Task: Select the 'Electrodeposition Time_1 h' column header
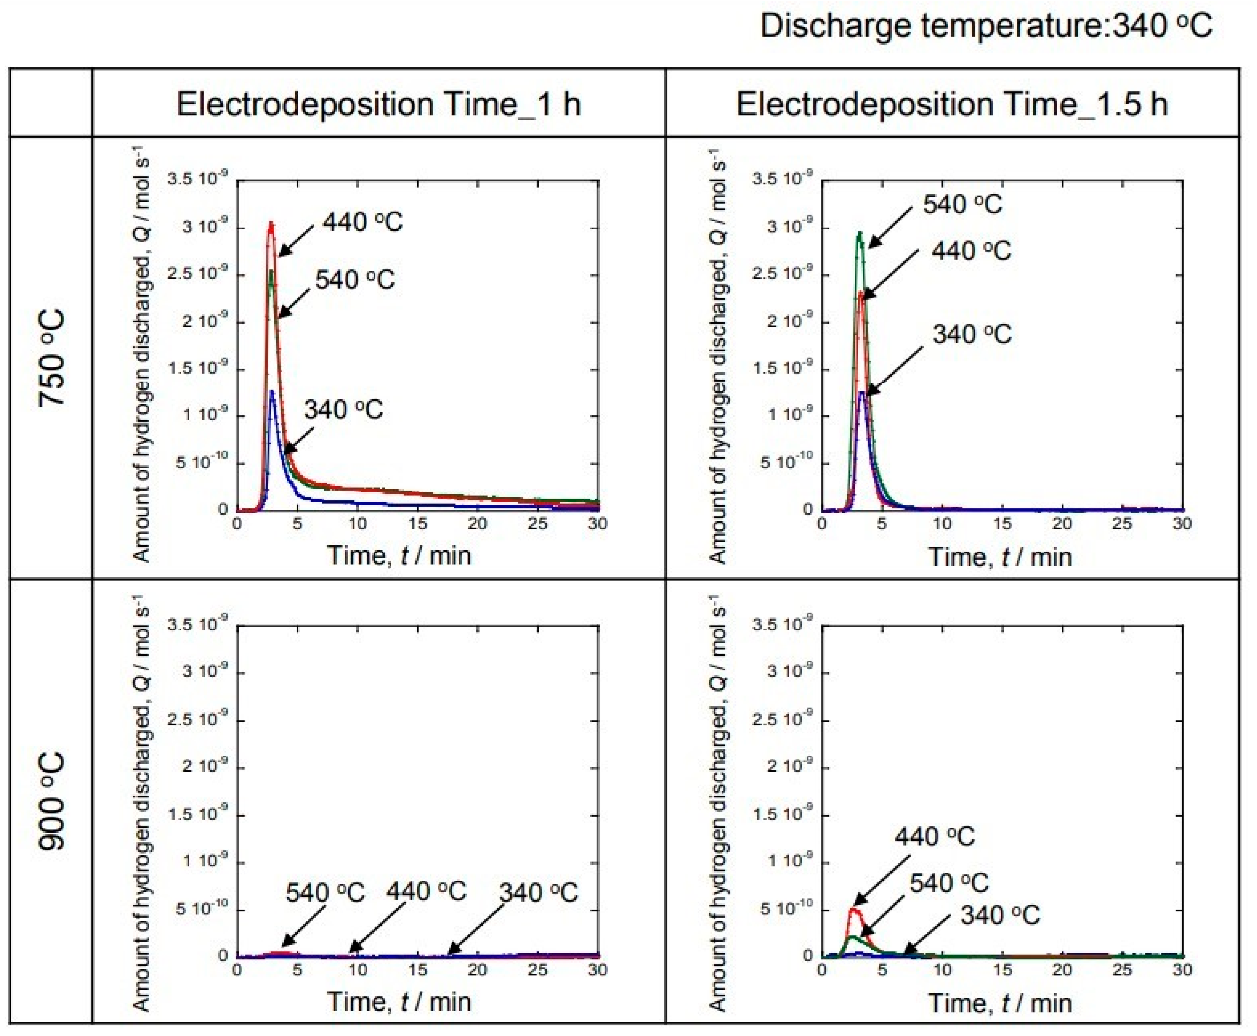[x=378, y=105]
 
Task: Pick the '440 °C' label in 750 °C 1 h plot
[x=363, y=222]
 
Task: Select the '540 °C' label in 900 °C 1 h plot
[x=325, y=893]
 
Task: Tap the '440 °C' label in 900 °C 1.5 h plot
[x=935, y=837]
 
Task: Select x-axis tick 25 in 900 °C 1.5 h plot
[x=1122, y=970]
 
